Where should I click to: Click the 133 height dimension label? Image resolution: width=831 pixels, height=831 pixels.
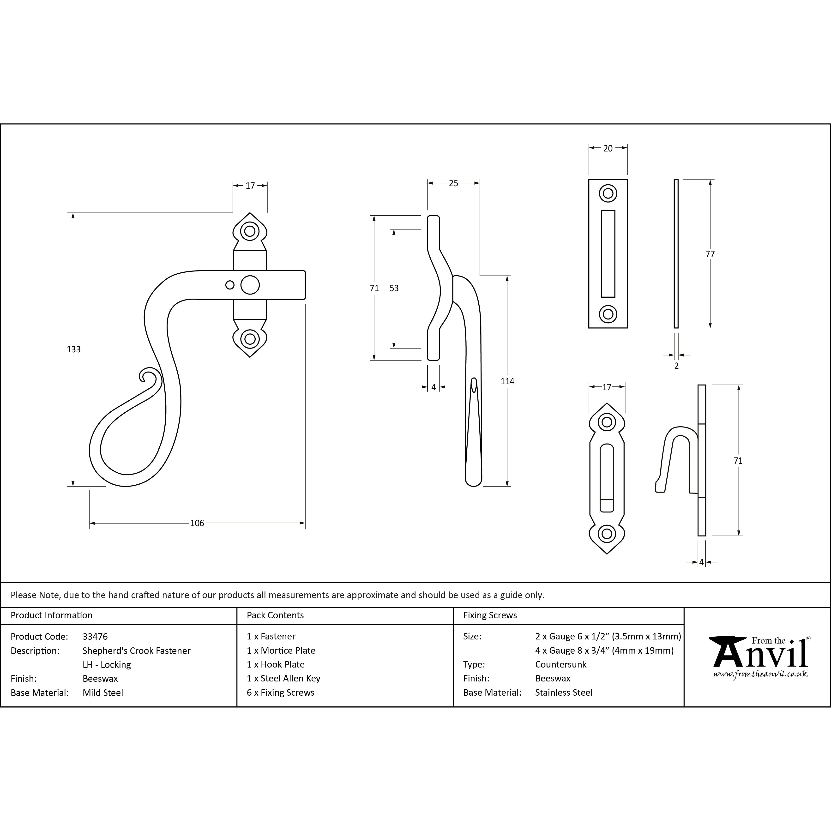[x=73, y=349]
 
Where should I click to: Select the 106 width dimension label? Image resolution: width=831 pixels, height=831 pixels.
[x=197, y=523]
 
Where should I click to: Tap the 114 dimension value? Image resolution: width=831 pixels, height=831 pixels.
[x=507, y=381]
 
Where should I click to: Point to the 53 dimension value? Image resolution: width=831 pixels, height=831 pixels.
[x=394, y=288]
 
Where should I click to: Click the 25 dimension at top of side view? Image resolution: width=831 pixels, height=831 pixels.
[x=453, y=183]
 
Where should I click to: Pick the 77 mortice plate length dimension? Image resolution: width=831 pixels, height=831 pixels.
[x=710, y=254]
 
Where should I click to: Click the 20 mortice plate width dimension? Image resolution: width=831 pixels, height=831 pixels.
[x=608, y=148]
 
